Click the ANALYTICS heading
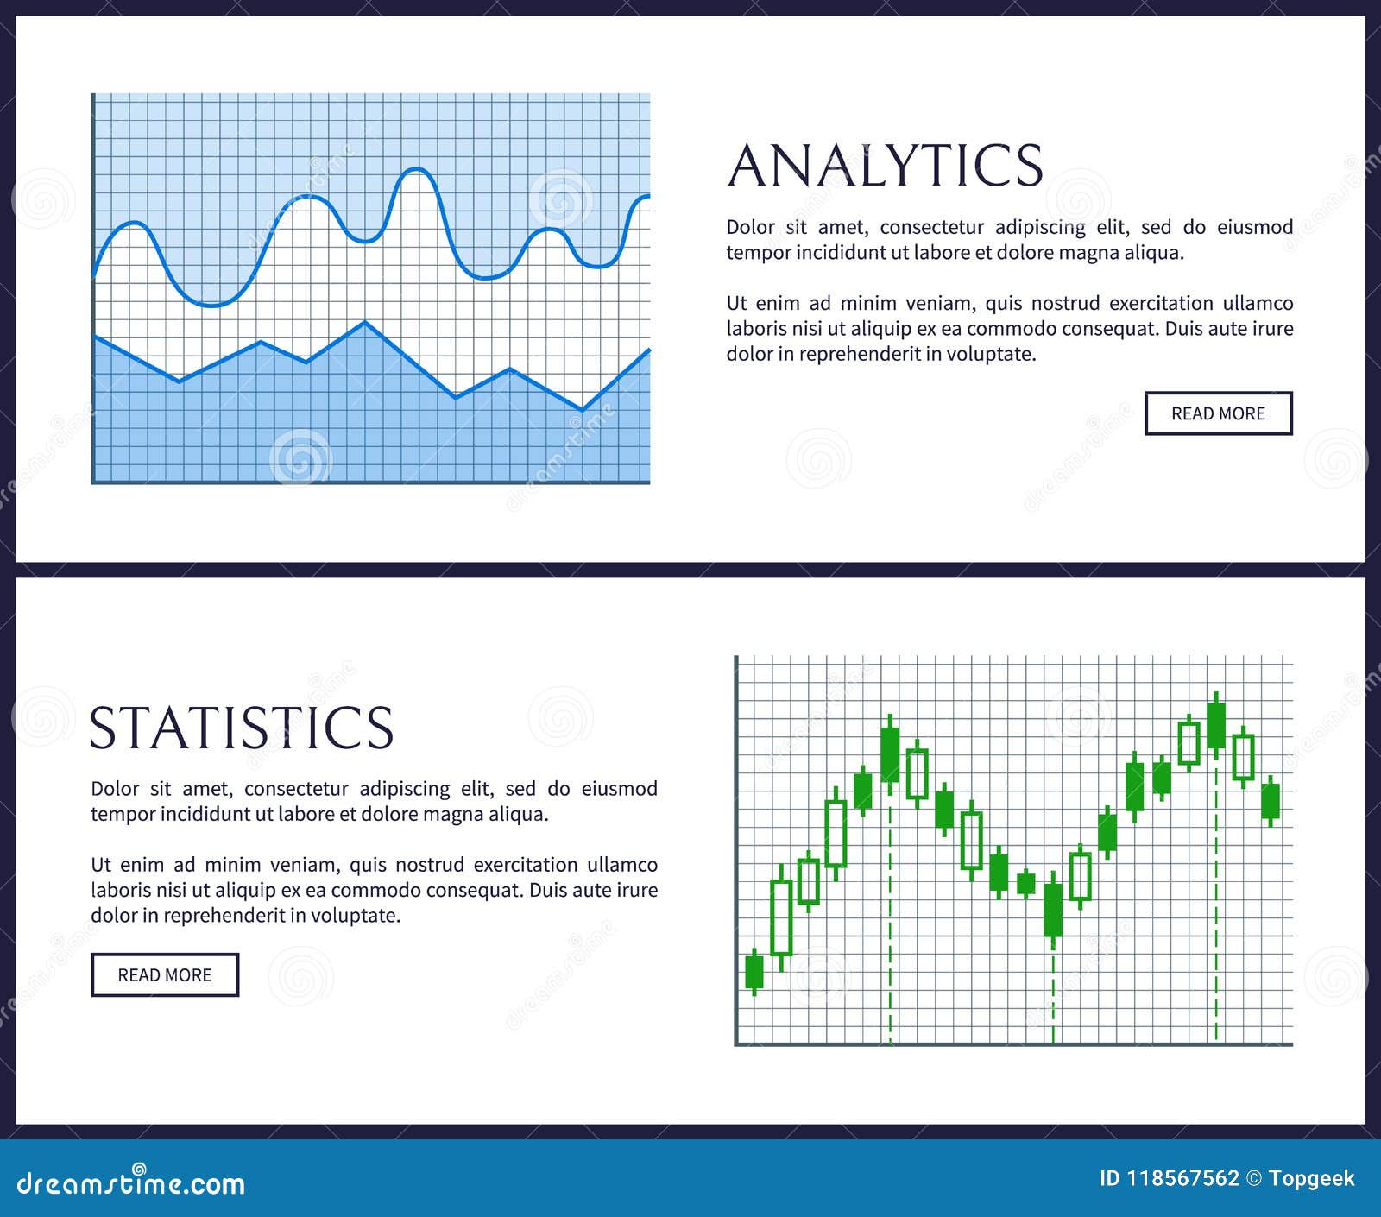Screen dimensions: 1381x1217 click(886, 165)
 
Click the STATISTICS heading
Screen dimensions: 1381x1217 click(243, 728)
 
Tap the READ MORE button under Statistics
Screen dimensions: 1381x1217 click(165, 974)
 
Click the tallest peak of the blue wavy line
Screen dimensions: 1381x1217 click(418, 170)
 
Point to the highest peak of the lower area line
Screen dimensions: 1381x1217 click(365, 323)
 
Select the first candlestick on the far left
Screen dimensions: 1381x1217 click(754, 971)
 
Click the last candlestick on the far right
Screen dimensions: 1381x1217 click(1271, 801)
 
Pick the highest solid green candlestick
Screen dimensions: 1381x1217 click(1216, 725)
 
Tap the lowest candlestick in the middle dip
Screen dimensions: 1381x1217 click(1053, 910)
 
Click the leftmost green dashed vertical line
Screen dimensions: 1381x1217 click(890, 911)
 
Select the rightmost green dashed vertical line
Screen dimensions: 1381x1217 click(1216, 898)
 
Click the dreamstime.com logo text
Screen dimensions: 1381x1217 click(131, 1182)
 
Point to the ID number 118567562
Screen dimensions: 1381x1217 click(1182, 1178)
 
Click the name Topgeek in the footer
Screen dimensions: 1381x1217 click(1312, 1179)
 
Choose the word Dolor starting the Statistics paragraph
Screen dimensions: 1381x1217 click(115, 788)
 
